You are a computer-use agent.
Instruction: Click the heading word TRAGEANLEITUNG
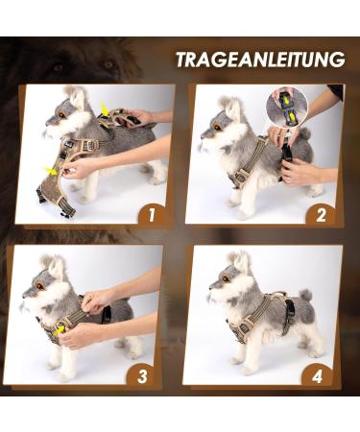[259, 60]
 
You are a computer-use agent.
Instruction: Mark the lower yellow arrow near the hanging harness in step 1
[49, 170]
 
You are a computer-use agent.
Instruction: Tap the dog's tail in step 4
[304, 297]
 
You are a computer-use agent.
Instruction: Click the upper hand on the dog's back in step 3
[98, 300]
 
